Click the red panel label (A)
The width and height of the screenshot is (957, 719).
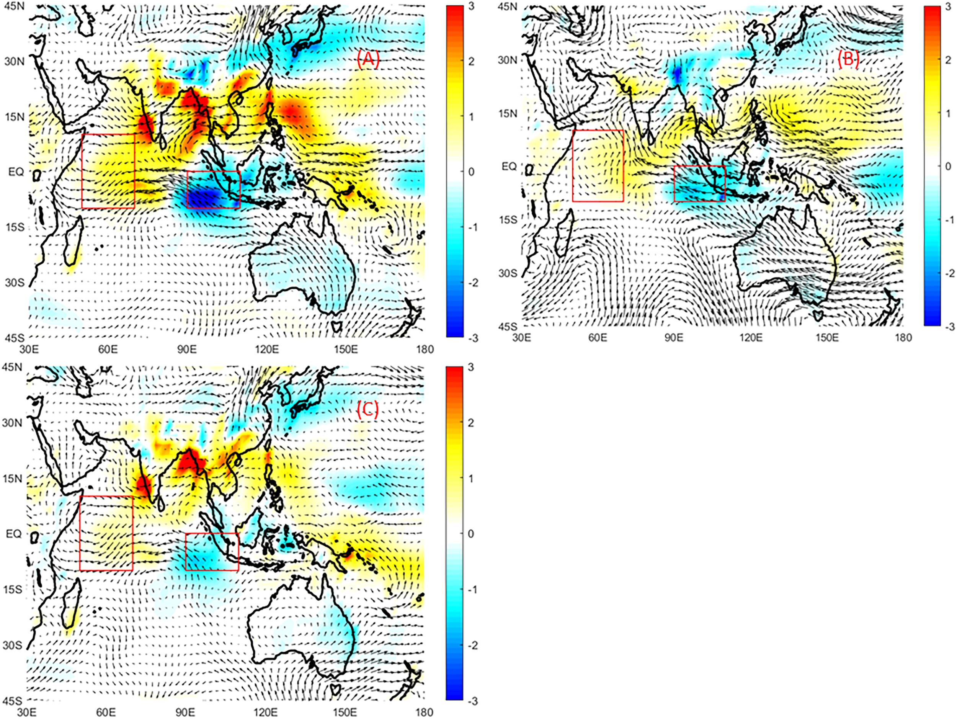[x=368, y=60]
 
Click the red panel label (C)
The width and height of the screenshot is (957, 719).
[x=367, y=409]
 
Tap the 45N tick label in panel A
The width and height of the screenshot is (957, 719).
[x=14, y=6]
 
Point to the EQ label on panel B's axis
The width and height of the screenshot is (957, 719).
[x=509, y=166]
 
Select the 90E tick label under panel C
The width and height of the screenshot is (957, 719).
[x=185, y=712]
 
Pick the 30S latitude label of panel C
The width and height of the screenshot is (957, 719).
[x=12, y=645]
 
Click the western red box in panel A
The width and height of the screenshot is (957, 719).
[x=108, y=171]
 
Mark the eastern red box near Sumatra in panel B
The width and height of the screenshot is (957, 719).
[x=700, y=183]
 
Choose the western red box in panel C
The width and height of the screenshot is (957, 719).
[x=106, y=533]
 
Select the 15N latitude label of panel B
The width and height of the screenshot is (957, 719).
[x=508, y=113]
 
